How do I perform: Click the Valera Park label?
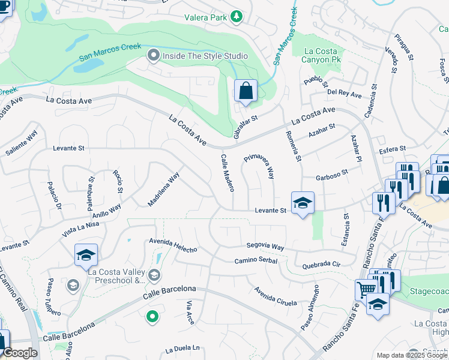(205, 17)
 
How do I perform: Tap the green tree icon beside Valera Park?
(237, 17)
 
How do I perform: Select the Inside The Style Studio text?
(204, 56)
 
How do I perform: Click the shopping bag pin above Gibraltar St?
(246, 92)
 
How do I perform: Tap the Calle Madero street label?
(227, 173)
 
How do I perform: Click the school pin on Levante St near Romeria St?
(303, 203)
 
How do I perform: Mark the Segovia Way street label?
(265, 247)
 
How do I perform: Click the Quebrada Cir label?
(322, 264)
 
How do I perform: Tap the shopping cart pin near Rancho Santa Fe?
(366, 290)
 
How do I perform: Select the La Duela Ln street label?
(182, 349)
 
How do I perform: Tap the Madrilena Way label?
(163, 190)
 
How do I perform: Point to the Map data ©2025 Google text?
(411, 355)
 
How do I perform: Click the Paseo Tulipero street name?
(54, 297)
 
